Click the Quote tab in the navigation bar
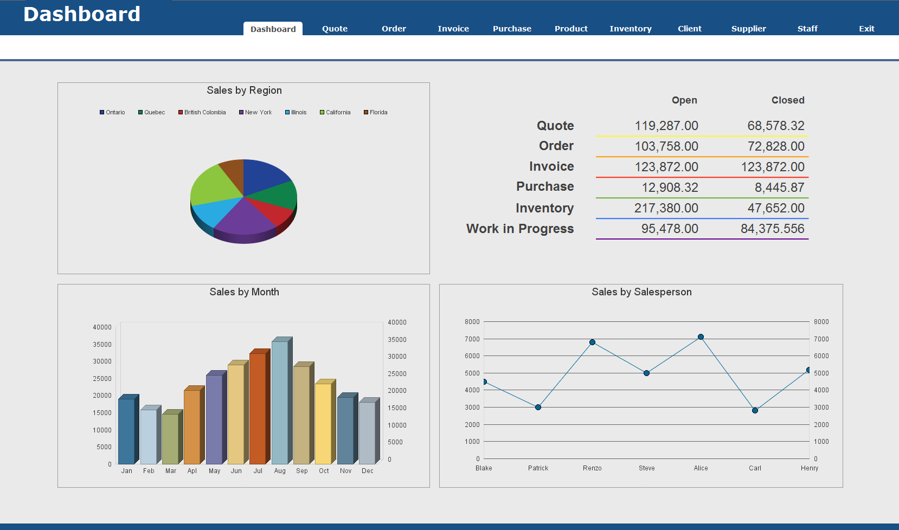click(335, 29)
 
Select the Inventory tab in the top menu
click(630, 29)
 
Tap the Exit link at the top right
click(866, 29)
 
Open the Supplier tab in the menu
click(748, 29)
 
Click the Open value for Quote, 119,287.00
click(666, 126)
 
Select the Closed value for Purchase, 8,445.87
click(779, 188)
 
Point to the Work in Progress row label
click(519, 229)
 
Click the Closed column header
click(787, 100)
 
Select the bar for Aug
click(280, 401)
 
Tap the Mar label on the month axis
click(171, 471)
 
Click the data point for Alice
click(701, 337)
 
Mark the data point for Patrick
click(538, 407)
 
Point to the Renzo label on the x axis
click(592, 468)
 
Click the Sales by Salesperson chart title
click(641, 292)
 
